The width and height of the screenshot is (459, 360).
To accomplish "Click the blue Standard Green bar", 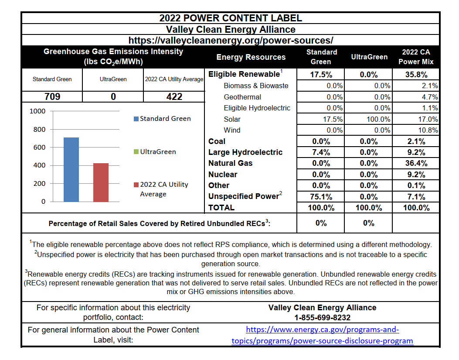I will [71, 169].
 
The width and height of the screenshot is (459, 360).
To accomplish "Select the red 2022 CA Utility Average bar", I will [101, 182].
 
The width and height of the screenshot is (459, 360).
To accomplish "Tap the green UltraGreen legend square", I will [136, 152].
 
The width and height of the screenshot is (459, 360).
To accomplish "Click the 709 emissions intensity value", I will [52, 96].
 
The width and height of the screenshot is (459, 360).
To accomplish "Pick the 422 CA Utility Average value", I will [174, 96].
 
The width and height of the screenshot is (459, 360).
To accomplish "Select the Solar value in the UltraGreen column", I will [378, 119].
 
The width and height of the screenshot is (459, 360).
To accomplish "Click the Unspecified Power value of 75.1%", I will [321, 196].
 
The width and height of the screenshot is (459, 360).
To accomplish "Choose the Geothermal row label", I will [242, 97].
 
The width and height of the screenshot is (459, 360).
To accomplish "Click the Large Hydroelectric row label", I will [245, 152].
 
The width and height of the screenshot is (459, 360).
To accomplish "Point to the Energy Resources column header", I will [251, 57].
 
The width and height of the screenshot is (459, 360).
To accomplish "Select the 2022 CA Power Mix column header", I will [416, 57].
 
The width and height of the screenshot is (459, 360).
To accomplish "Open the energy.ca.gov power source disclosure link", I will [322, 335].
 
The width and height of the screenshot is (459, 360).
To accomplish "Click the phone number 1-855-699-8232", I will [322, 318].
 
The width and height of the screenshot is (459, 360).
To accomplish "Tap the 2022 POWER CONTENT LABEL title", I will [231, 18].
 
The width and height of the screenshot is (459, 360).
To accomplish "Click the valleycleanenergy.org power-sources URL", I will [231, 40].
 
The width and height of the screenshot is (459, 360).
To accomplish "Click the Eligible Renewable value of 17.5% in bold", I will [321, 74].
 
